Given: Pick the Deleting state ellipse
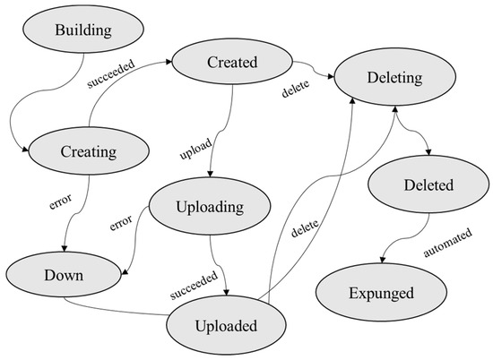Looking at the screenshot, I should click(x=394, y=78).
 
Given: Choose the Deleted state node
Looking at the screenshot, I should click(x=421, y=186).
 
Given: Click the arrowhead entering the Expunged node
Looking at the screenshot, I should click(x=382, y=263).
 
